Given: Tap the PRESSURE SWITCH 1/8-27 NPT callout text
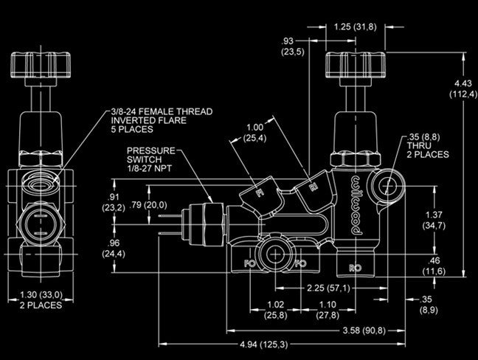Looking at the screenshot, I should click(151, 160).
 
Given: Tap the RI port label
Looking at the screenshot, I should click(313, 187).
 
